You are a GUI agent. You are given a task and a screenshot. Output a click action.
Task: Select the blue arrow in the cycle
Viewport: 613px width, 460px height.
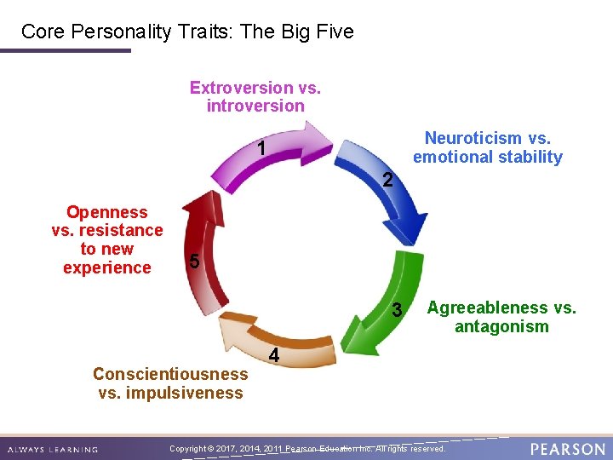click(x=387, y=192)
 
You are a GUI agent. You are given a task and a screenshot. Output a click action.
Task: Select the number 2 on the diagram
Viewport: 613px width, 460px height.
click(x=387, y=181)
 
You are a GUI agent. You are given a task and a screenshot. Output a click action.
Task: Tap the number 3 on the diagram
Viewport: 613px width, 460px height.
click(x=397, y=311)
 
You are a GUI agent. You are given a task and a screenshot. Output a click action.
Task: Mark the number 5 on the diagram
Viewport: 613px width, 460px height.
click(x=195, y=262)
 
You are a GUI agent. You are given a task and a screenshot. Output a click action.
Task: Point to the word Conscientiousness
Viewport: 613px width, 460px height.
click(x=170, y=374)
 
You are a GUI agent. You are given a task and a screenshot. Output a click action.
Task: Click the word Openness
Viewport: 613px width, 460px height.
click(x=107, y=212)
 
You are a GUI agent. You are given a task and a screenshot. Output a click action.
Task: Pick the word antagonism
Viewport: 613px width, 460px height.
click(x=501, y=326)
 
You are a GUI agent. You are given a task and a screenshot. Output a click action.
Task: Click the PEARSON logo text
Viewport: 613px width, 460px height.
click(x=568, y=448)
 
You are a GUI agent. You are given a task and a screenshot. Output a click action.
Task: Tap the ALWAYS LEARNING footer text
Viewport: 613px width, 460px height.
click(x=52, y=449)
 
